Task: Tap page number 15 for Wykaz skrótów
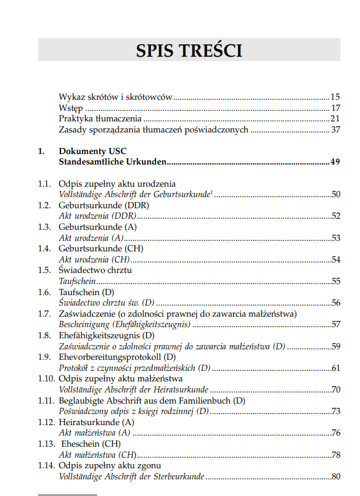(335, 97)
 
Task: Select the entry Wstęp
(70, 108)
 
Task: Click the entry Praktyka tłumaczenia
(100, 119)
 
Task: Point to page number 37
(335, 130)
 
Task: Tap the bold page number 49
(335, 162)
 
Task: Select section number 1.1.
(44, 184)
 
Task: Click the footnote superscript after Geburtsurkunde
(211, 192)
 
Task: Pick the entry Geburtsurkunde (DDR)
(100, 205)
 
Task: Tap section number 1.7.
(44, 314)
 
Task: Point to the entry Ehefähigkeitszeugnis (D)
(106, 335)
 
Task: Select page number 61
(335, 368)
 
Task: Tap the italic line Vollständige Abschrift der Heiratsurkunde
(134, 390)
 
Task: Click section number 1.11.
(46, 400)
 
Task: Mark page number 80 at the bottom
(335, 476)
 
